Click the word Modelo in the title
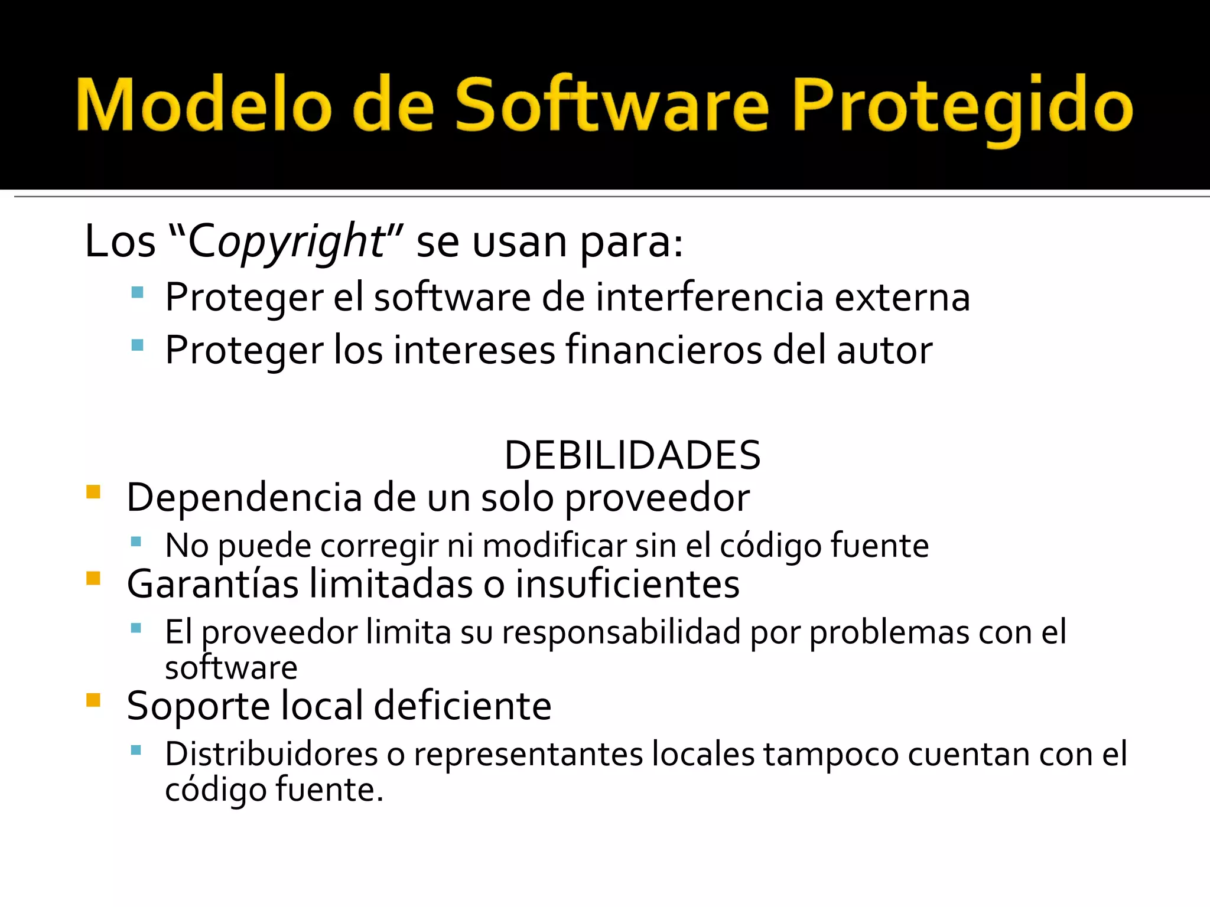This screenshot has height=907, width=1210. (204, 105)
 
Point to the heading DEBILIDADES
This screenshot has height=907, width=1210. (632, 455)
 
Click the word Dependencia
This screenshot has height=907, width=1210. (245, 497)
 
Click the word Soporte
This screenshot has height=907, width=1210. (199, 706)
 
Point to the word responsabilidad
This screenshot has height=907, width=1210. (621, 632)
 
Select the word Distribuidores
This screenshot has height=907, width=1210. (271, 754)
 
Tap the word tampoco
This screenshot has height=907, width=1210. (830, 755)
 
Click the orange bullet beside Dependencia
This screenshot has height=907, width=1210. (93, 492)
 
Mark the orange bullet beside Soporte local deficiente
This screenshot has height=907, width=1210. (93, 700)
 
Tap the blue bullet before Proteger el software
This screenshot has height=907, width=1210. (137, 292)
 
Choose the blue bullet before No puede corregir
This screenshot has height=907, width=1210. (136, 541)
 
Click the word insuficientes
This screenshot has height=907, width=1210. (627, 584)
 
